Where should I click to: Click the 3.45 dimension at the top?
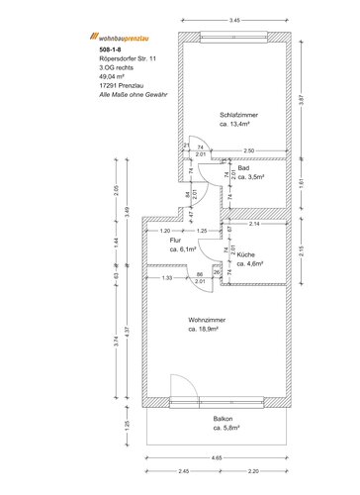pyautogui.click(x=233, y=19)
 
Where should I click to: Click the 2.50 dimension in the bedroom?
pyautogui.click(x=248, y=150)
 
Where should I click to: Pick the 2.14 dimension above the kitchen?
pyautogui.click(x=253, y=225)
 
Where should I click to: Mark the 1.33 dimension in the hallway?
pyautogui.click(x=166, y=278)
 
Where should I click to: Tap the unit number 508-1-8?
pyautogui.click(x=112, y=49)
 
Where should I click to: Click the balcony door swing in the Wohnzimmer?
pyautogui.click(x=179, y=388)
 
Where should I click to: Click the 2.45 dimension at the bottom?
pyautogui.click(x=183, y=471)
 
